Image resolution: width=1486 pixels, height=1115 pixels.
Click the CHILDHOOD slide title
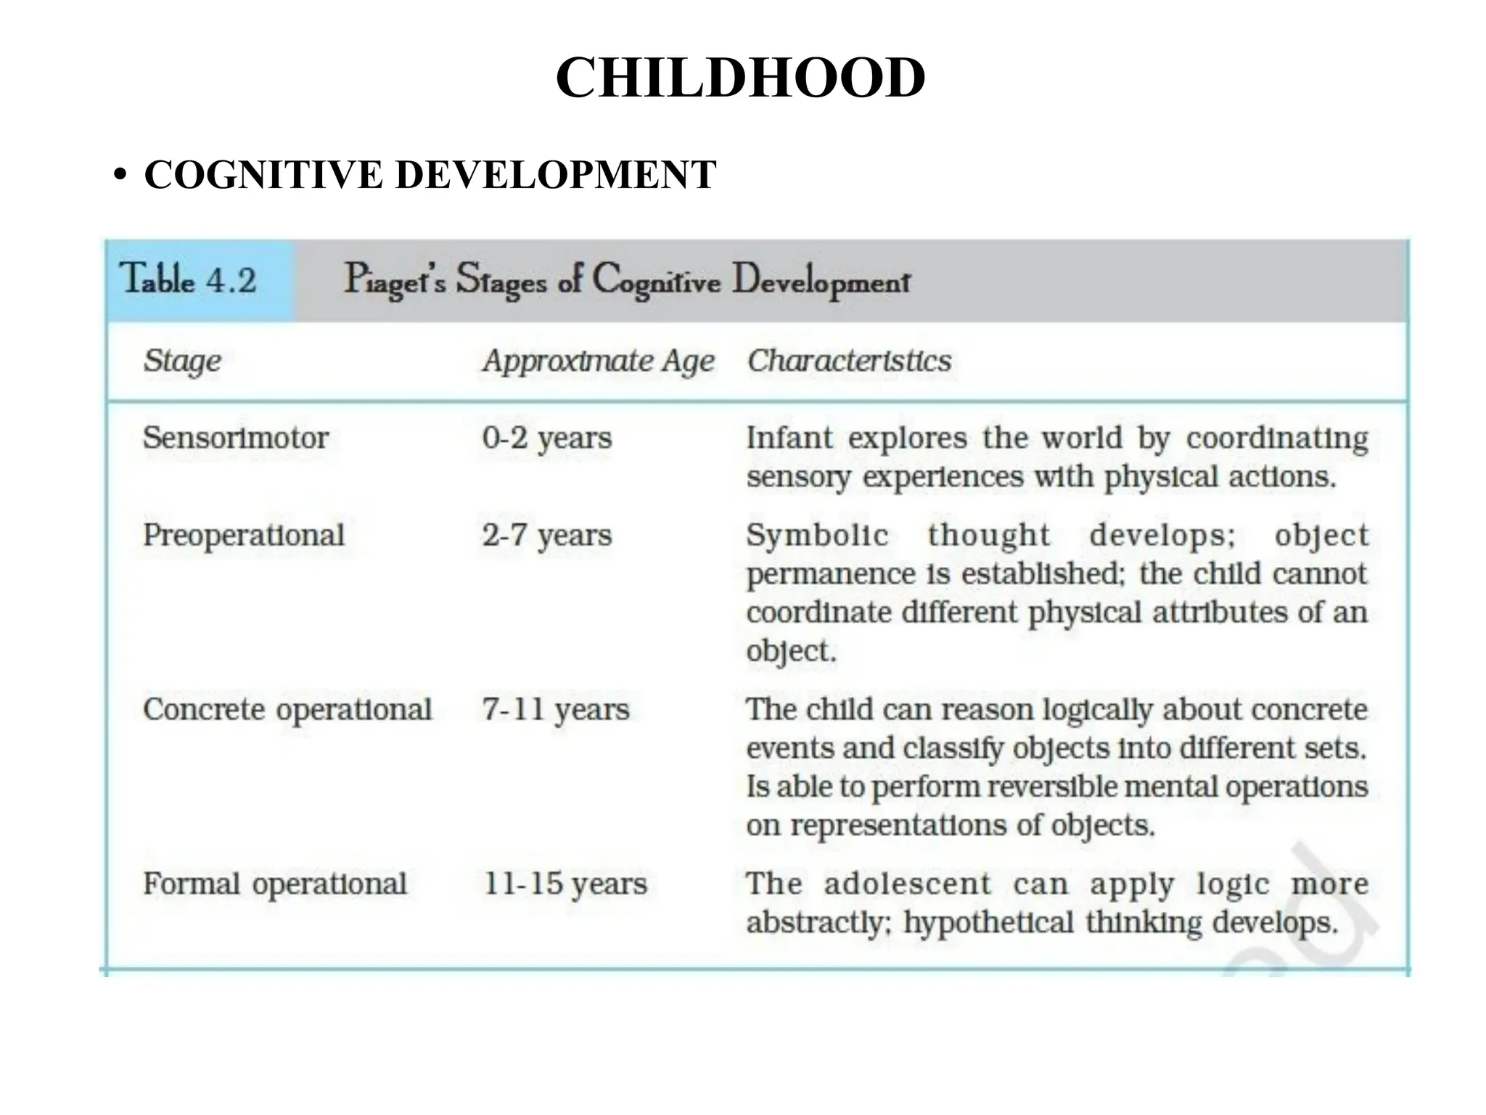click(x=741, y=78)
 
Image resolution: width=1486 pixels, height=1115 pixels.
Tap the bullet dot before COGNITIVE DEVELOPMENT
click(x=120, y=176)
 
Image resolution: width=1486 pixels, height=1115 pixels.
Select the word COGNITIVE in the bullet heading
click(x=263, y=175)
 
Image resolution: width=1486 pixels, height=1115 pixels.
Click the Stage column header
click(x=182, y=362)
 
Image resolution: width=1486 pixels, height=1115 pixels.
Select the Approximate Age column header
click(x=599, y=362)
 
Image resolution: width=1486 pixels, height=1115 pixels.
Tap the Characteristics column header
click(x=850, y=361)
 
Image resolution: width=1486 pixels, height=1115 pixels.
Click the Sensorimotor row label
click(x=236, y=438)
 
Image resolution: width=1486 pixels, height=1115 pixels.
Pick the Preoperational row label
click(x=244, y=536)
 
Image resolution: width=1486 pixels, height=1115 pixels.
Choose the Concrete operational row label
click(x=288, y=710)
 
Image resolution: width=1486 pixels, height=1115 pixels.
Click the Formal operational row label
click(x=275, y=884)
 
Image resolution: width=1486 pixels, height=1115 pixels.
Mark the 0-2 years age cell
click(x=547, y=438)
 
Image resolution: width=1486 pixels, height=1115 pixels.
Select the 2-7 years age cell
click(x=547, y=536)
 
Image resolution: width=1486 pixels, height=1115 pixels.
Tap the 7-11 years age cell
click(x=556, y=710)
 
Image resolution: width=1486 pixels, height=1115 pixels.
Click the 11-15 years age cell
click(x=565, y=884)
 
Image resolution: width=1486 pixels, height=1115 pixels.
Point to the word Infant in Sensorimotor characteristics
click(x=789, y=438)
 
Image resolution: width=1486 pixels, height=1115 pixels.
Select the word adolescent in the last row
click(x=907, y=884)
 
